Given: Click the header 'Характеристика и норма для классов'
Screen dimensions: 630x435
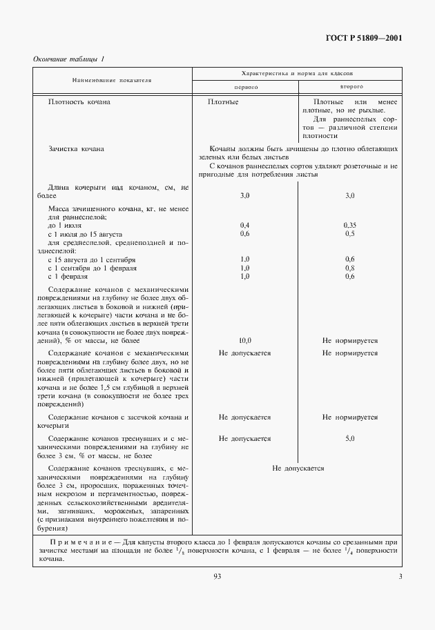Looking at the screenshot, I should coord(298,72).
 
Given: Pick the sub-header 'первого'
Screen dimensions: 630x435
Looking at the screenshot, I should coord(245,88).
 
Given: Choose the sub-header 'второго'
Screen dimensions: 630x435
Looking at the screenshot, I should coord(351,88).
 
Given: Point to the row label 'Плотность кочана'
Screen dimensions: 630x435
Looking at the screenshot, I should coord(79,102).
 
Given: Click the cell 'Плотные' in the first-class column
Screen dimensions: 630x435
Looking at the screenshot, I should coord(223,102).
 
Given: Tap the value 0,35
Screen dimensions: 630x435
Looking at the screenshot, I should coord(349,225).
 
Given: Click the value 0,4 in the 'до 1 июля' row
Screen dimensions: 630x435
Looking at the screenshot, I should coord(244,225).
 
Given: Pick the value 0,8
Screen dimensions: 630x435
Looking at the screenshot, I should coord(349,268).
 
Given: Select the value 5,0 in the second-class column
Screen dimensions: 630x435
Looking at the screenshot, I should coord(349,439).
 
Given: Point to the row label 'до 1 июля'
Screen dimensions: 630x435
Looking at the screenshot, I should coord(66,225).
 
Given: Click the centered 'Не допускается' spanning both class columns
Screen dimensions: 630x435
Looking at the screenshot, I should coord(298,469).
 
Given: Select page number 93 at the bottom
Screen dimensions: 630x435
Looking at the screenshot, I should coord(217,577).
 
